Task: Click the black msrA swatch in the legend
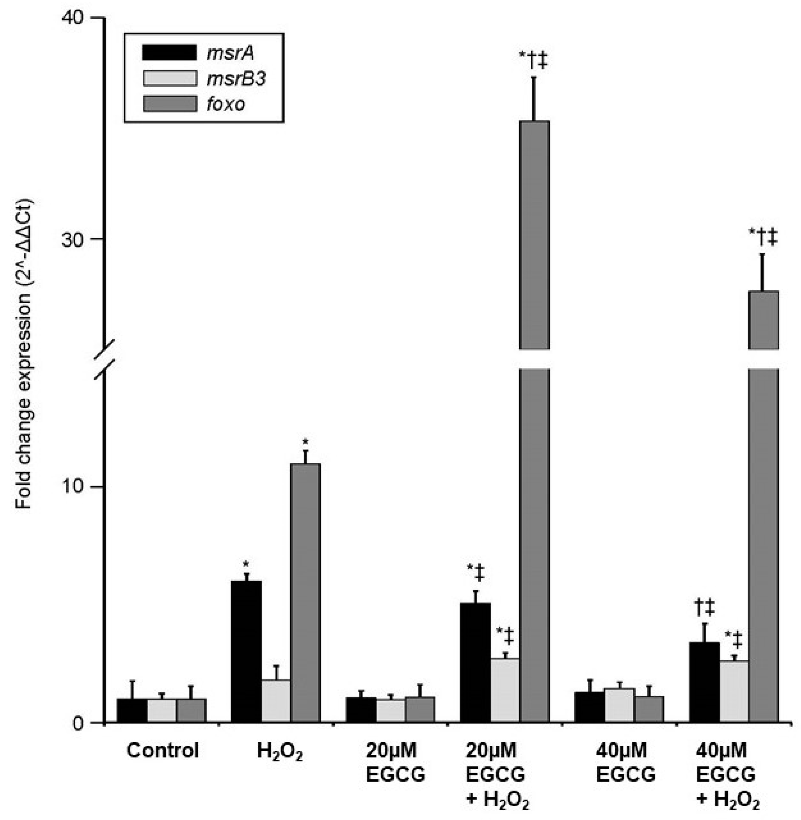(170, 53)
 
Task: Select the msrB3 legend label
(236, 79)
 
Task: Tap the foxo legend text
(225, 104)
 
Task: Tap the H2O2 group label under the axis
(280, 751)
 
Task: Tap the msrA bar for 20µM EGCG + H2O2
(476, 662)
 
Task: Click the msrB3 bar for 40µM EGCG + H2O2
(734, 691)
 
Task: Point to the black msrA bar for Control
(132, 710)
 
